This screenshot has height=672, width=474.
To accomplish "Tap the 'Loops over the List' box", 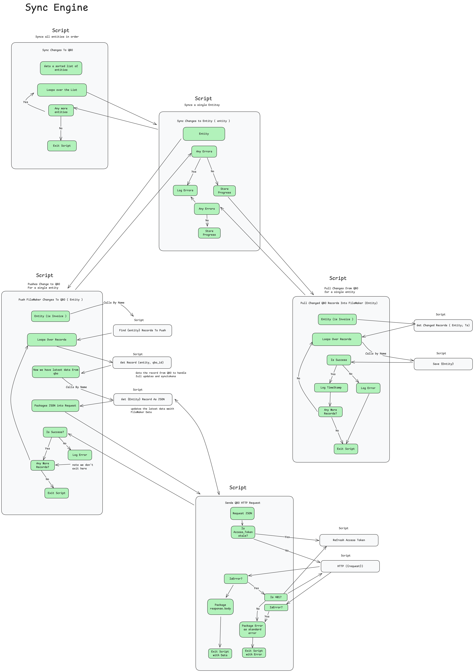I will click(x=62, y=90).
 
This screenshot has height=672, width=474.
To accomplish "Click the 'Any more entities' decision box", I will click(x=61, y=110).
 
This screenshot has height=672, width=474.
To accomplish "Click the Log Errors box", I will click(x=185, y=190).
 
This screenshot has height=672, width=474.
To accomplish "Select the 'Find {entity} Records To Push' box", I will click(x=142, y=330).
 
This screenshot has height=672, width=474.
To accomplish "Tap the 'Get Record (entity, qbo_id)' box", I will click(x=142, y=363).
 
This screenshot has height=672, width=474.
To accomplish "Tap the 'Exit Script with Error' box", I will click(x=254, y=653).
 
